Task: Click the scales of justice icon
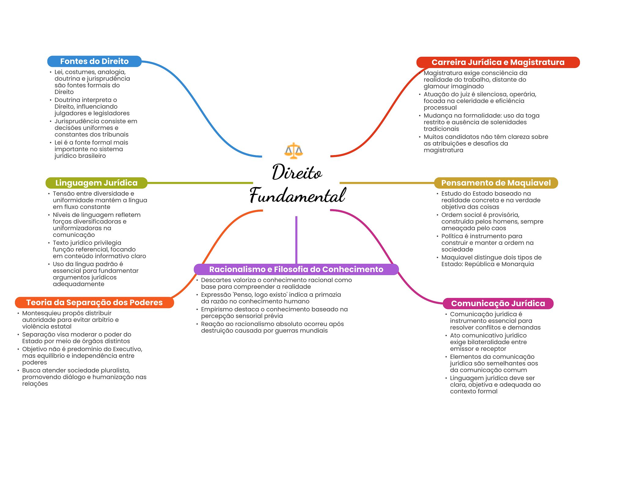point(293,151)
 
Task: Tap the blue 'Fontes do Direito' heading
point(94,61)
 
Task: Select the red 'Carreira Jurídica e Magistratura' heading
point(498,62)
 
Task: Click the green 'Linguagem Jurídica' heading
point(96,183)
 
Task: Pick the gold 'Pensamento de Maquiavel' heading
point(496,183)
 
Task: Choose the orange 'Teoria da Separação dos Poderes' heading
point(94,303)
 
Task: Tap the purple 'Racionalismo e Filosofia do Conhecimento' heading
point(296,269)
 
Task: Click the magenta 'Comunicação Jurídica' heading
point(498,303)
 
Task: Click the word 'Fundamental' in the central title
point(297,195)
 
